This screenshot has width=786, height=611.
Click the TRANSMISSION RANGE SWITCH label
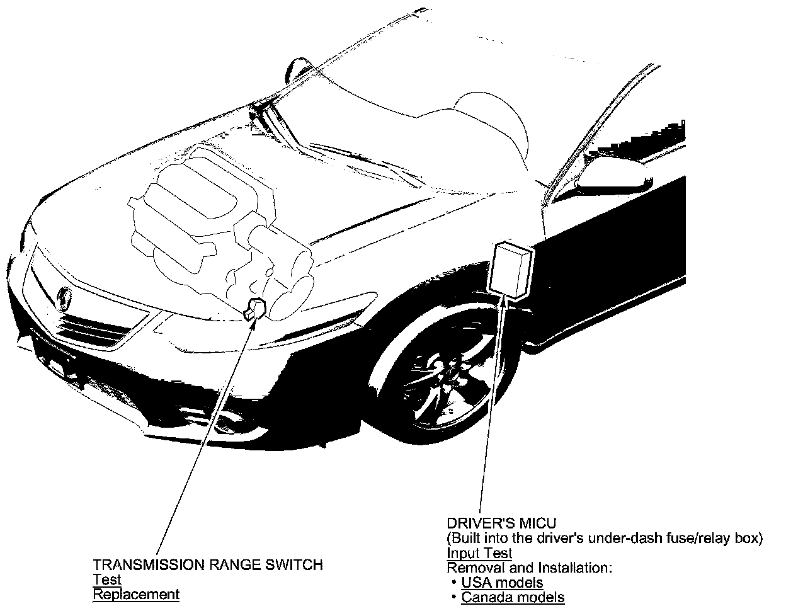point(208,565)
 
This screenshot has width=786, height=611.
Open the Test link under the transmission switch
point(106,580)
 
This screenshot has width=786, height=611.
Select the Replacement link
point(136,594)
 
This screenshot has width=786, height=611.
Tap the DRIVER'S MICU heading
point(501,523)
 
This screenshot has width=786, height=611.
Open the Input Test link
point(479,554)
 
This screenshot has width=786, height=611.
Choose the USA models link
point(502,583)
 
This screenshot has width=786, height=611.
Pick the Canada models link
point(513,597)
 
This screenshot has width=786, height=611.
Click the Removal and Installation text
point(529,568)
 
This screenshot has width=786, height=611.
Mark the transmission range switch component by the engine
point(256,308)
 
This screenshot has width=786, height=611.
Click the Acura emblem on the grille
point(64,295)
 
